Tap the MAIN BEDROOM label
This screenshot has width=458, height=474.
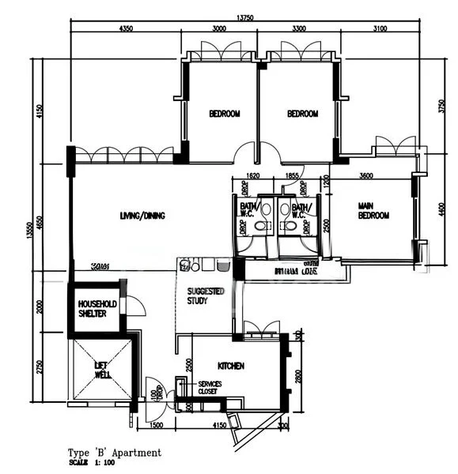click(373, 210)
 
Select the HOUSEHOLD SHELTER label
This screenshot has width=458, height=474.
click(97, 308)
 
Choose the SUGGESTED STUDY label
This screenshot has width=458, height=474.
click(206, 295)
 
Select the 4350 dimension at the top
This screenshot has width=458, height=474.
click(125, 29)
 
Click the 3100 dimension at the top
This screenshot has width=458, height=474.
click(379, 29)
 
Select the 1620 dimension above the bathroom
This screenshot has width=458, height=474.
click(252, 177)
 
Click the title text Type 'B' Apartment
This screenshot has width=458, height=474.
click(114, 453)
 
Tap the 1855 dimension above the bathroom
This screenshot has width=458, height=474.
click(292, 177)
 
